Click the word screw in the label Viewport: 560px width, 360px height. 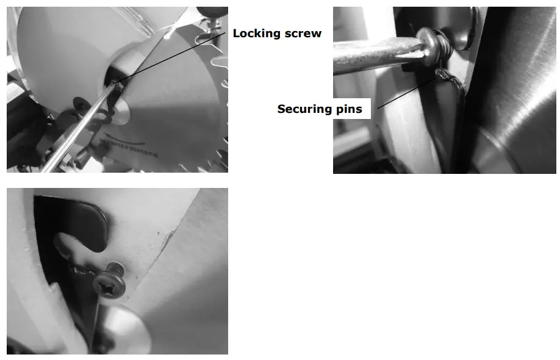coord(303,34)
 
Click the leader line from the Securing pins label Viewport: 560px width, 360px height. coord(406,92)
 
